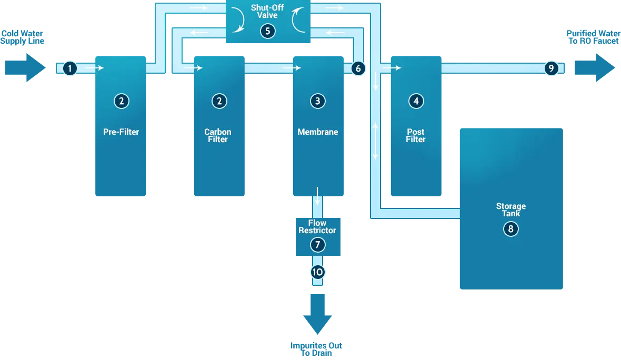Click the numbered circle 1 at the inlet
point(70,68)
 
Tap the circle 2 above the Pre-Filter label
point(121,101)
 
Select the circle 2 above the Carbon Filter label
point(219,101)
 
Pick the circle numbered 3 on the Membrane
point(317,101)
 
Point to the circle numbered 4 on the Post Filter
point(416,101)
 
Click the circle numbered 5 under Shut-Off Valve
point(267,31)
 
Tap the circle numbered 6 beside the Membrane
point(358,68)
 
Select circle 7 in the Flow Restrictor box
point(317,245)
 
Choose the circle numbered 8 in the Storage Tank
point(510,229)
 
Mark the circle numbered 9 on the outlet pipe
point(550,68)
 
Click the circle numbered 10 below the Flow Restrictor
point(317,272)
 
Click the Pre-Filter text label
point(121,132)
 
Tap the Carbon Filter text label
point(218,136)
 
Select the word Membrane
point(317,132)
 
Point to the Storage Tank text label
point(510,209)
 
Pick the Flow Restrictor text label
point(317,227)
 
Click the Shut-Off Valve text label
point(267,12)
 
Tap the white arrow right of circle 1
point(94,68)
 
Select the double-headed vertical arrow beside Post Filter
point(376,141)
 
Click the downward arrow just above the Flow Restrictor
point(317,196)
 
